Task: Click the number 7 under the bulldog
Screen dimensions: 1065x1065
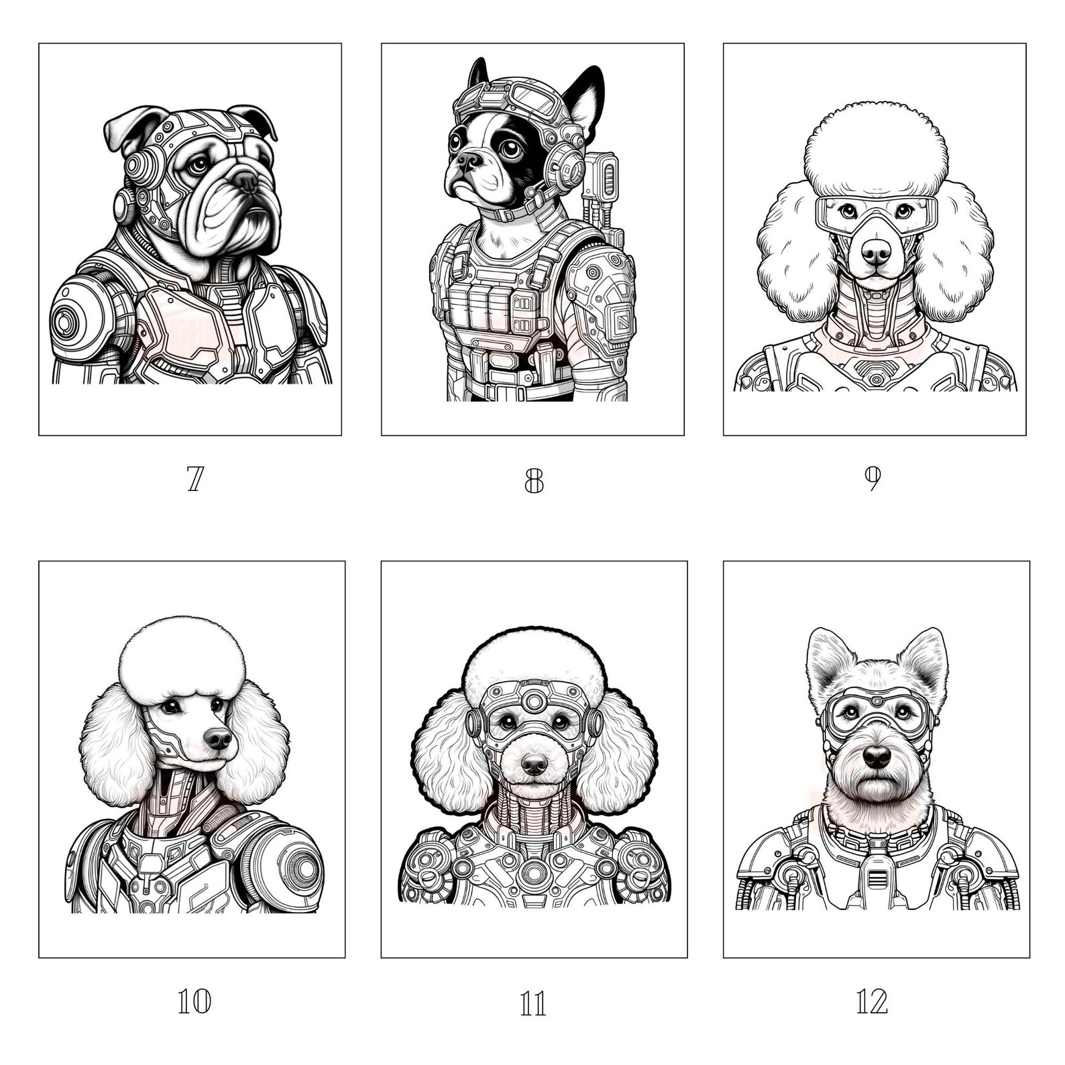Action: click(x=194, y=479)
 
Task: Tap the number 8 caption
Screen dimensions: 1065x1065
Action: click(x=533, y=480)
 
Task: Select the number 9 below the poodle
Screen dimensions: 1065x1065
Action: click(x=872, y=478)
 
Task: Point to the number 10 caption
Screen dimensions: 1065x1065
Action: click(x=194, y=1002)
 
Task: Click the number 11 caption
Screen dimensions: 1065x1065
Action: click(x=533, y=1004)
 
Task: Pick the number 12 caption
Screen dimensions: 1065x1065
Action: click(x=872, y=1002)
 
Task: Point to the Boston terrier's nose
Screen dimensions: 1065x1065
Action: click(x=469, y=160)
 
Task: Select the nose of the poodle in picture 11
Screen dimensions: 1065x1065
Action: click(x=535, y=763)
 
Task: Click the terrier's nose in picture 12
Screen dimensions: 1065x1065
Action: click(x=877, y=756)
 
